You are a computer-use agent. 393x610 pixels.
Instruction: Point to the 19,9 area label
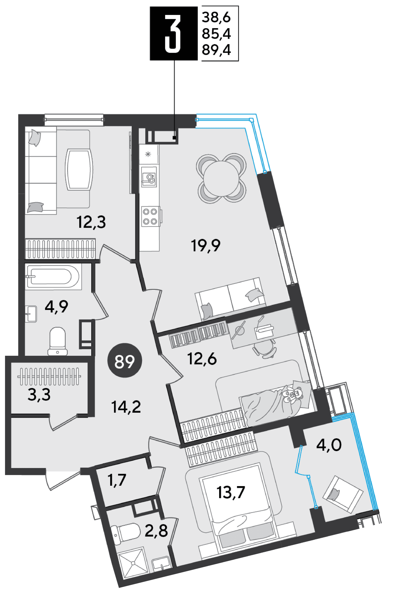(206, 246)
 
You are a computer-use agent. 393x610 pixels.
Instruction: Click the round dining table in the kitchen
(221, 179)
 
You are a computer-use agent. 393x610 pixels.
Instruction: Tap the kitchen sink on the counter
(149, 177)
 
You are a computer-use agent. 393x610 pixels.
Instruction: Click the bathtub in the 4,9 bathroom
(53, 277)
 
